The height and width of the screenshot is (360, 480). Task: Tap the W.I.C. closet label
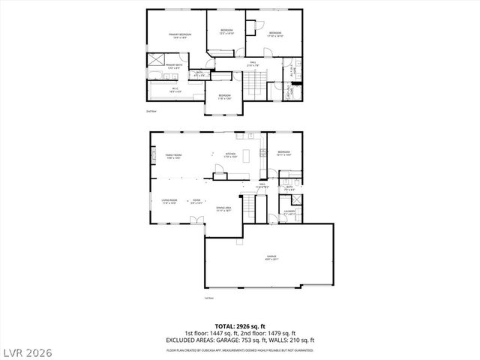pos(174,91)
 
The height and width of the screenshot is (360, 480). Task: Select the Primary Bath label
pos(174,66)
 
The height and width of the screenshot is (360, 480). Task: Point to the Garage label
pos(270,257)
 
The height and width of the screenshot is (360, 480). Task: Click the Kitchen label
pos(231,155)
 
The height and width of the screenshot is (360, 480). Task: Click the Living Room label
pos(169,200)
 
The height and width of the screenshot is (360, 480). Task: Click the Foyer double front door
pos(196,219)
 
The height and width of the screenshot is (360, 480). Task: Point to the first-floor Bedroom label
pos(283,153)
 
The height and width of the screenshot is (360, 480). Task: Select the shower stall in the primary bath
pos(157,60)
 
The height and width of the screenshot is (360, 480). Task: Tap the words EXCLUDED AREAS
pos(193,341)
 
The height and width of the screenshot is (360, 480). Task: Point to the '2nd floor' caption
pos(151,111)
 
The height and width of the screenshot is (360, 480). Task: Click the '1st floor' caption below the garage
pos(209,298)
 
